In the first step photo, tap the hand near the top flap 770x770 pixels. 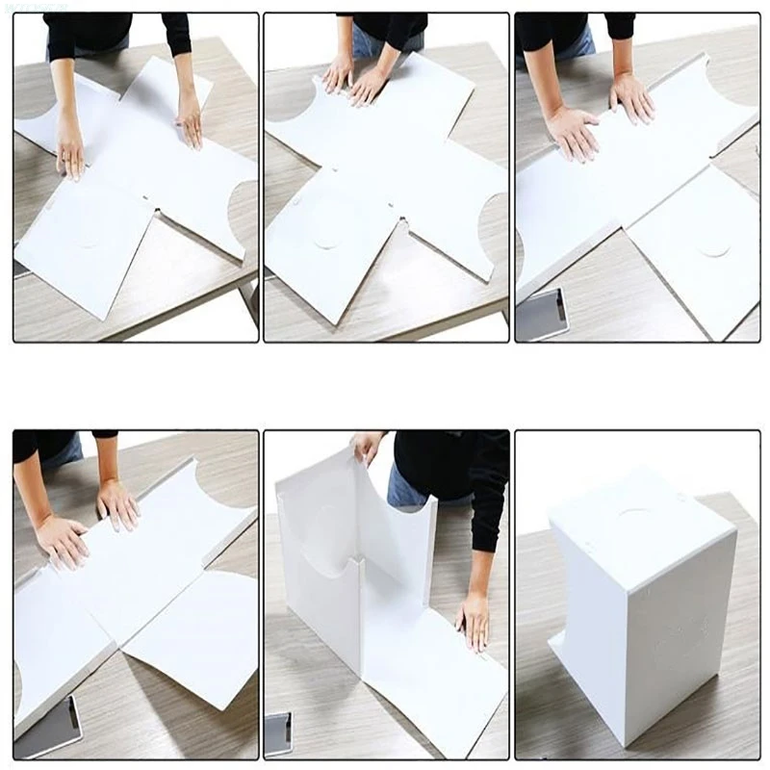(x=190, y=120)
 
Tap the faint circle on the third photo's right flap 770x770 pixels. (x=713, y=248)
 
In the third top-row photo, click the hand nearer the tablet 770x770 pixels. (x=572, y=133)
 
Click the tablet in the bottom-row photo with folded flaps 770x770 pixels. (x=48, y=727)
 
